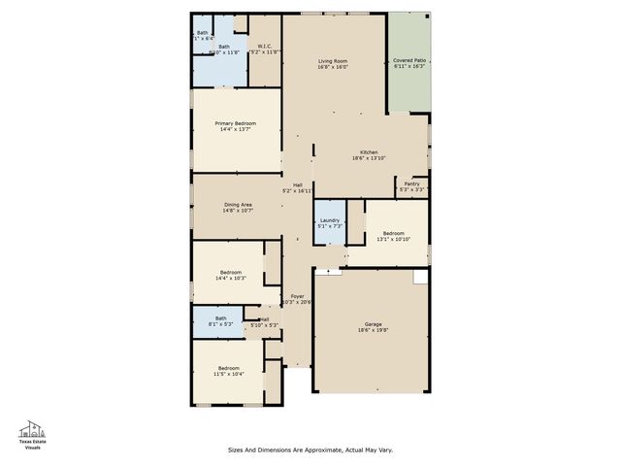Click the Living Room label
[x=333, y=61]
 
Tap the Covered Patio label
[x=408, y=61]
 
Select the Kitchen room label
[x=369, y=152]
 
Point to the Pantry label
[x=412, y=183]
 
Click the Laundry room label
[x=330, y=220]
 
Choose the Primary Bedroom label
[x=236, y=123]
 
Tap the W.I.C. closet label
[x=264, y=44]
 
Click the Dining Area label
[x=239, y=204]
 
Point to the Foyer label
[x=297, y=296]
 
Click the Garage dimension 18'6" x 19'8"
[x=373, y=331]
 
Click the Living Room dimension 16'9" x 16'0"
[x=333, y=68]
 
